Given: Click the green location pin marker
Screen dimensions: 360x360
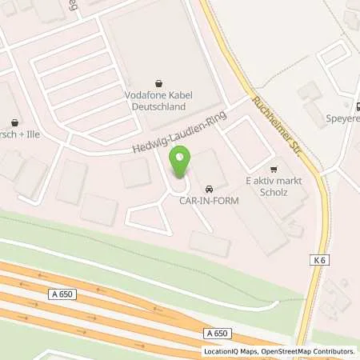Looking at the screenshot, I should (182, 162).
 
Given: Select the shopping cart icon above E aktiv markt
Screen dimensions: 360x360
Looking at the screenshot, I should (274, 169).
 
